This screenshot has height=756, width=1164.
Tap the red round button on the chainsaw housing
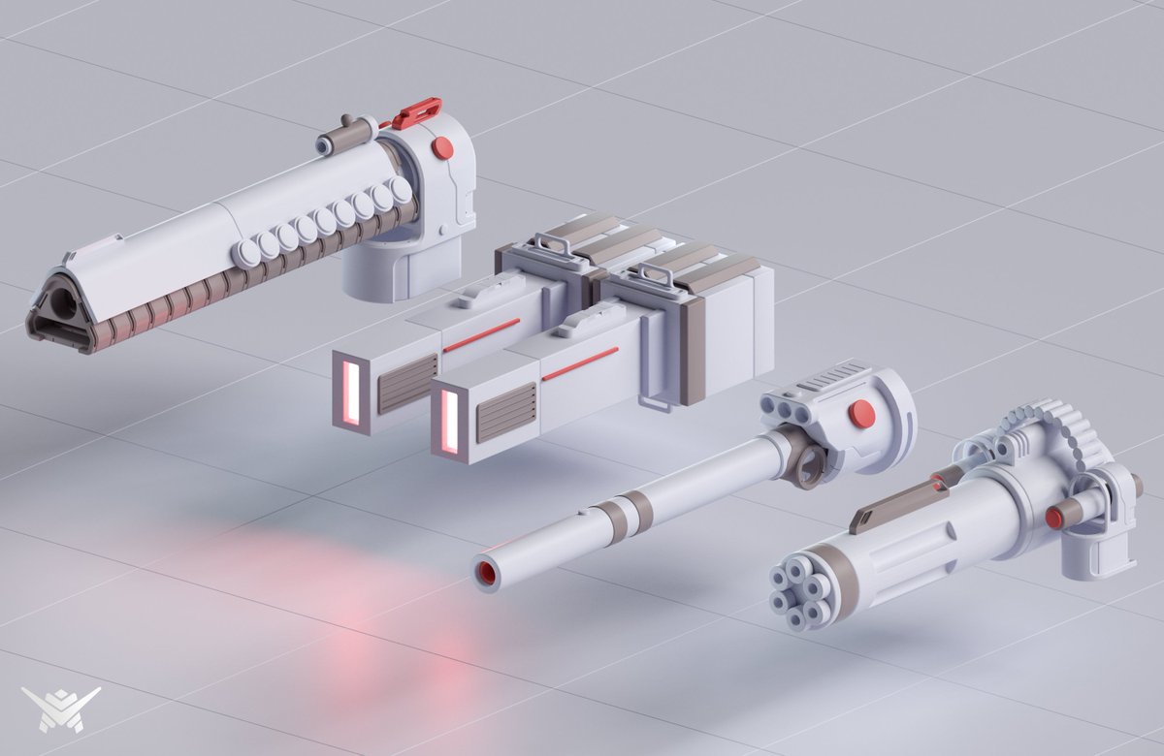(x=442, y=147)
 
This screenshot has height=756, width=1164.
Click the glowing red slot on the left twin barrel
(x=351, y=388)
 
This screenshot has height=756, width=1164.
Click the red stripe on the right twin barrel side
(x=580, y=363)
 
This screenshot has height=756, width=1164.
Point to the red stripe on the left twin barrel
(x=481, y=334)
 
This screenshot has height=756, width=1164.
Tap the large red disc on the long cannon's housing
(x=861, y=415)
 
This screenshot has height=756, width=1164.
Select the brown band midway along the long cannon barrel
(x=636, y=506)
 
